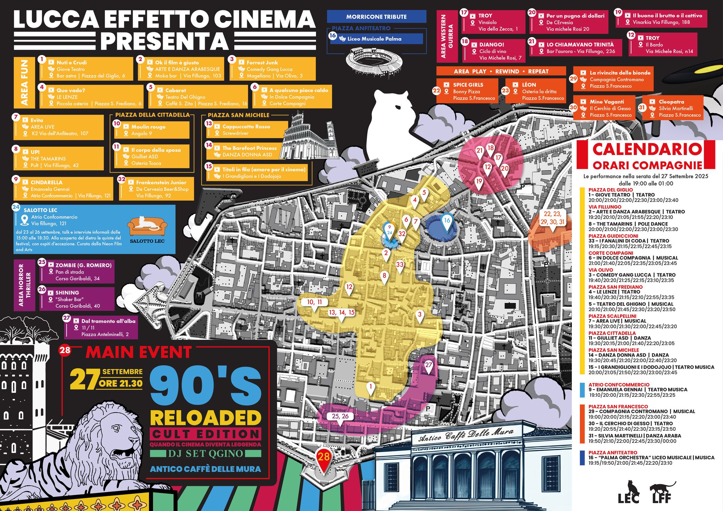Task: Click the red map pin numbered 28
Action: pyautogui.click(x=324, y=458)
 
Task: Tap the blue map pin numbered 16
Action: pyautogui.click(x=447, y=221)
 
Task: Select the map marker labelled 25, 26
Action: pyautogui.click(x=340, y=416)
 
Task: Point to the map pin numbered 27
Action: pyautogui.click(x=428, y=366)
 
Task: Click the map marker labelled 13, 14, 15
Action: pyautogui.click(x=342, y=313)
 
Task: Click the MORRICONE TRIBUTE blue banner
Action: pyautogui.click(x=376, y=17)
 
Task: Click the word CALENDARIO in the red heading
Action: pyautogui.click(x=647, y=149)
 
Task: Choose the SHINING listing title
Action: pyautogui.click(x=67, y=293)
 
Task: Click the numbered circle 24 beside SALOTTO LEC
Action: pyautogui.click(x=16, y=207)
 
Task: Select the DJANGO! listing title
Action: pyautogui.click(x=492, y=44)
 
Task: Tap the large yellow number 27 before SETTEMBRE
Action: pyautogui.click(x=84, y=379)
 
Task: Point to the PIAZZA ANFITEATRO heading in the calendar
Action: pyautogui.click(x=613, y=452)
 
